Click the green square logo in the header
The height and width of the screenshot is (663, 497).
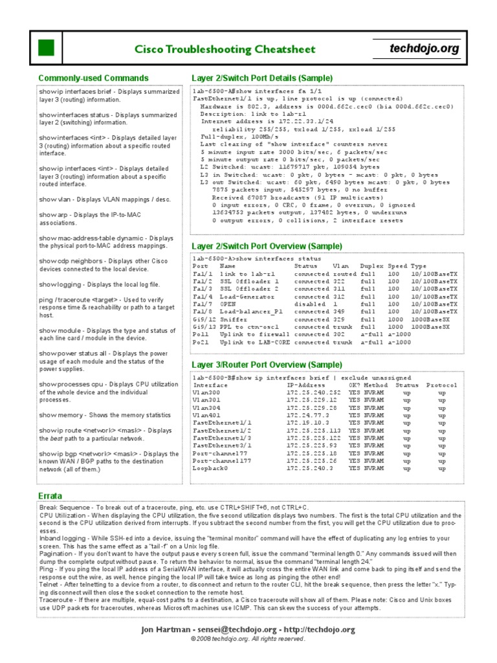pos(47,48)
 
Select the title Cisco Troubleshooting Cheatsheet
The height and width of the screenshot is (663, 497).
pos(225,49)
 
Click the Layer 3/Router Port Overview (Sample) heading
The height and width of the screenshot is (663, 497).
pos(267,365)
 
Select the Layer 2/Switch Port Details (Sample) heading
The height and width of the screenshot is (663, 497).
pos(262,78)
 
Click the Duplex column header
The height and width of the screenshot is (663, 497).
pos(372,266)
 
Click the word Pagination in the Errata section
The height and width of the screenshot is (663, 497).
pos(56,554)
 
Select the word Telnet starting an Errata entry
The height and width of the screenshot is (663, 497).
pos(50,584)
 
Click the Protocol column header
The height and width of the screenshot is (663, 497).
pos(441,385)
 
